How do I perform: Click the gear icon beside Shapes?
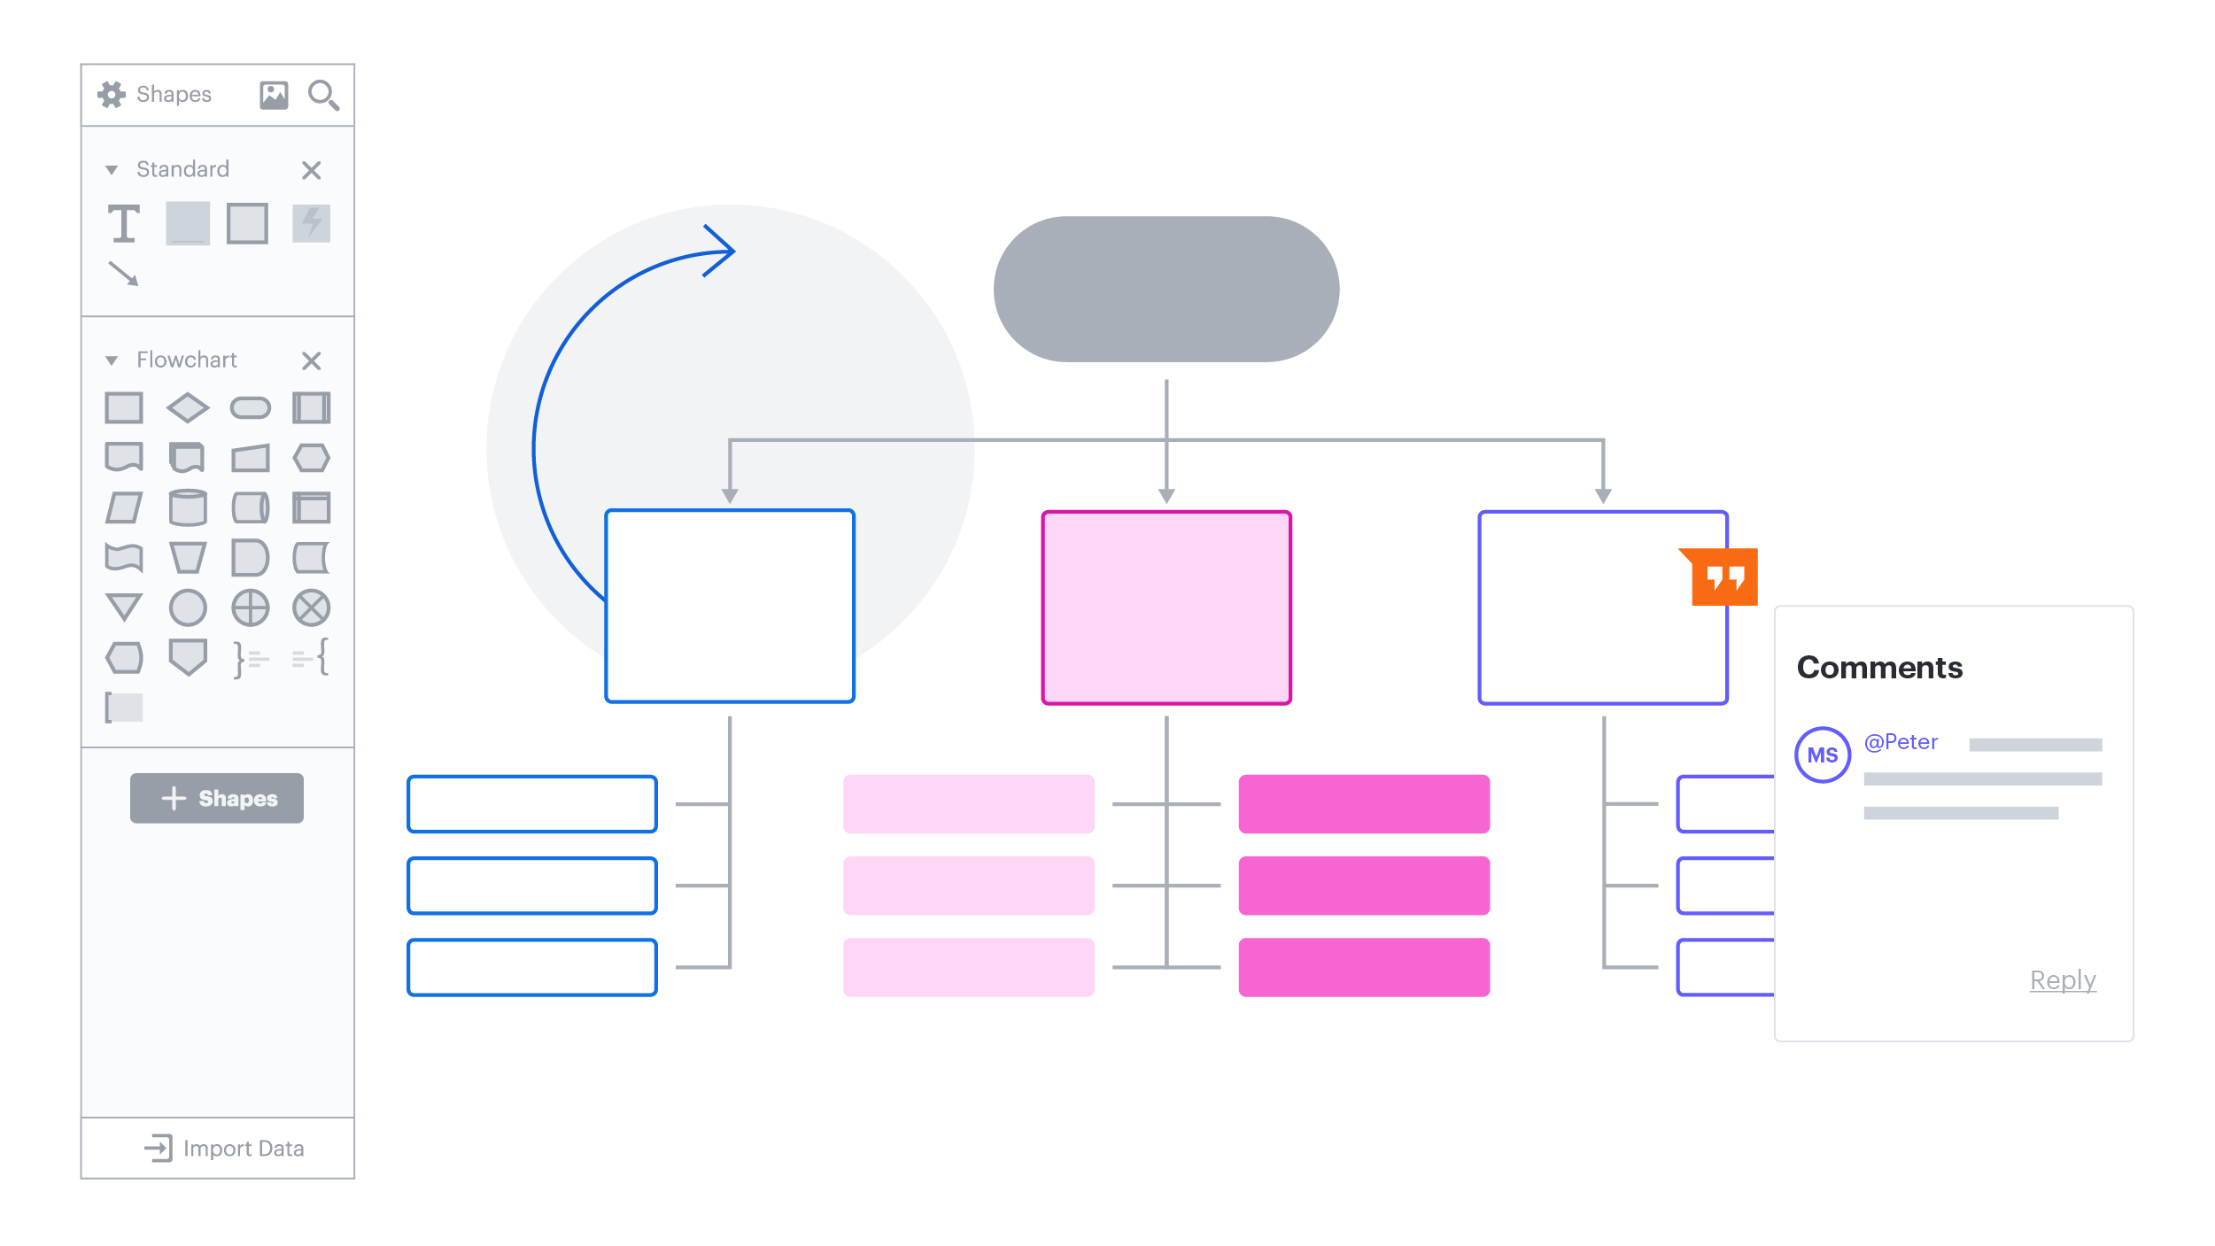(112, 95)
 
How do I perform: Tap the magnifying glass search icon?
(322, 95)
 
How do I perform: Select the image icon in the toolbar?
(274, 95)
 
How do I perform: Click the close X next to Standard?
(311, 170)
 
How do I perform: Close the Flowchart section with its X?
(311, 360)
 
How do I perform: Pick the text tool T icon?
(124, 223)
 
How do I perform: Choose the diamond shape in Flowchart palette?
(188, 408)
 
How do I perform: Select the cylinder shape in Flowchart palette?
(188, 508)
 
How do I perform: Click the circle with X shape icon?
(312, 608)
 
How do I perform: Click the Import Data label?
(243, 1149)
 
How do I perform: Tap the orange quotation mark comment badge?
(1723, 577)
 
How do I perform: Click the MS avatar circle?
(1822, 755)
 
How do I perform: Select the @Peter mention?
(1901, 742)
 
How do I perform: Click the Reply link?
(2062, 980)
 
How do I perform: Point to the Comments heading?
(1879, 668)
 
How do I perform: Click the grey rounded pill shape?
(1166, 289)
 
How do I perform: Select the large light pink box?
(1166, 608)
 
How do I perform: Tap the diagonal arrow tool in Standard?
(123, 274)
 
